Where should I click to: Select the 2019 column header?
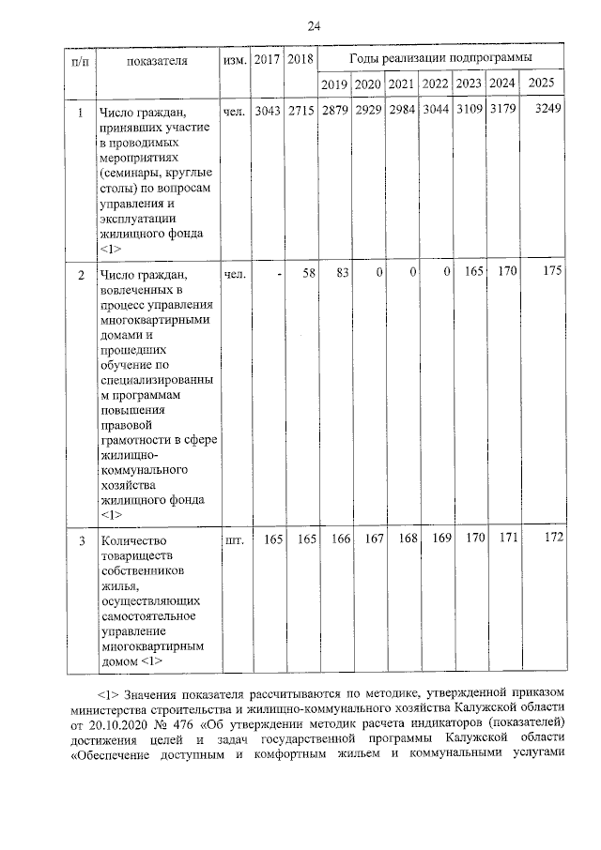(334, 84)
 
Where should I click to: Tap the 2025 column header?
(542, 84)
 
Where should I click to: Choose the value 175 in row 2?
(551, 274)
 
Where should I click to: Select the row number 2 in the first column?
(82, 275)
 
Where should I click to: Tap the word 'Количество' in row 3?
(132, 541)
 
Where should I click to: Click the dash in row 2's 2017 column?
(279, 274)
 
